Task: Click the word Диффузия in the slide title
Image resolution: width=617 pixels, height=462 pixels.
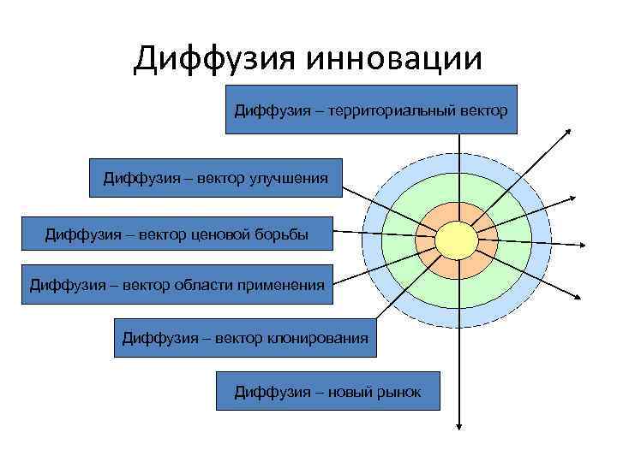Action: coord(213,58)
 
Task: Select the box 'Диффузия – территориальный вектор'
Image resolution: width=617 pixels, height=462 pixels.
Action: coord(371,110)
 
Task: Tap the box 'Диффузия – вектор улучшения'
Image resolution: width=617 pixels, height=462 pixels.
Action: coord(215,178)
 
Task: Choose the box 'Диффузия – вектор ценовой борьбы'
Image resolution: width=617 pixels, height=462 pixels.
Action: coord(177,232)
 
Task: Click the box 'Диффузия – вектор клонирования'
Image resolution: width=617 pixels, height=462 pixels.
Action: coord(245,338)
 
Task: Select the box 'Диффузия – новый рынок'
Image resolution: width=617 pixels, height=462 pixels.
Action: coord(327,391)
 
